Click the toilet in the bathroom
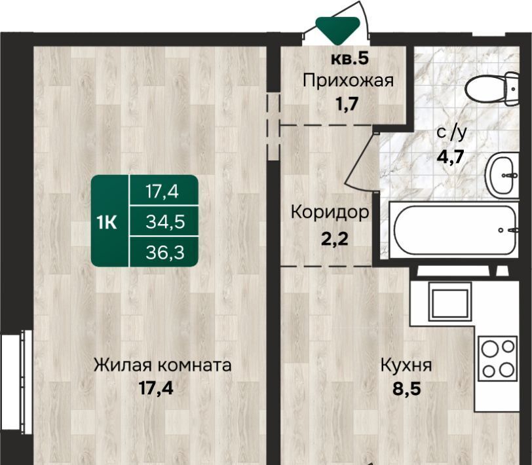tap(493, 89)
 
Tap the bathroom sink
tap(503, 176)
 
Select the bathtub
tap(454, 230)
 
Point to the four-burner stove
tap(498, 359)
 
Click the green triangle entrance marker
tap(337, 30)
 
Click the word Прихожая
tap(348, 81)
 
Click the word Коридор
tap(330, 213)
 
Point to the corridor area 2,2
tap(335, 239)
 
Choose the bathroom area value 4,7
tap(450, 157)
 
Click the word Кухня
tap(406, 366)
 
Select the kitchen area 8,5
tap(407, 389)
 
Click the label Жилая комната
tap(162, 365)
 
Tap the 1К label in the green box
tap(107, 223)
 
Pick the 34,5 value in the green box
tap(165, 222)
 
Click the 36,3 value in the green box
tap(165, 253)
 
